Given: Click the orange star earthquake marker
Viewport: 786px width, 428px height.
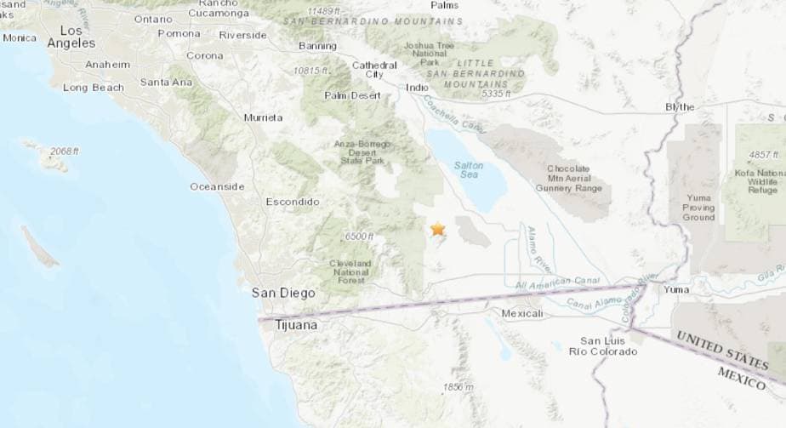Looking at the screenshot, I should pos(438,229).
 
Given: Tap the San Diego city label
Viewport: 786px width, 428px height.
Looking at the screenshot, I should pos(283,293).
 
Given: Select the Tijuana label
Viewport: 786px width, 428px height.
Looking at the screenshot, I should pos(296,325).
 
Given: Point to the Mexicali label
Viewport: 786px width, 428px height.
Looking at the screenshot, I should pos(522,314).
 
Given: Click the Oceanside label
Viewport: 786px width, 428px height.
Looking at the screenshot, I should pos(217,186).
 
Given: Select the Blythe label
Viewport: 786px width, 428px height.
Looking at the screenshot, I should pos(680,107).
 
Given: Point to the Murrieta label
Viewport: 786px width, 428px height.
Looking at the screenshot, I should pos(263,117).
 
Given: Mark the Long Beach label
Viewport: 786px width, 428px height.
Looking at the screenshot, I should pos(94,87).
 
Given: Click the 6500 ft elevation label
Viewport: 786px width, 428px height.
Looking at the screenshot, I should pos(360,237).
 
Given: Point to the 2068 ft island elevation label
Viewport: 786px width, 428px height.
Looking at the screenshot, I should pos(64,151).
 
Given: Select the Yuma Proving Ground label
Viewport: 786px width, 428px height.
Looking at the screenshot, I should pos(698,208).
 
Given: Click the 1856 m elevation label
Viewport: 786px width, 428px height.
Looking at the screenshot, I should pos(457,388).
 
